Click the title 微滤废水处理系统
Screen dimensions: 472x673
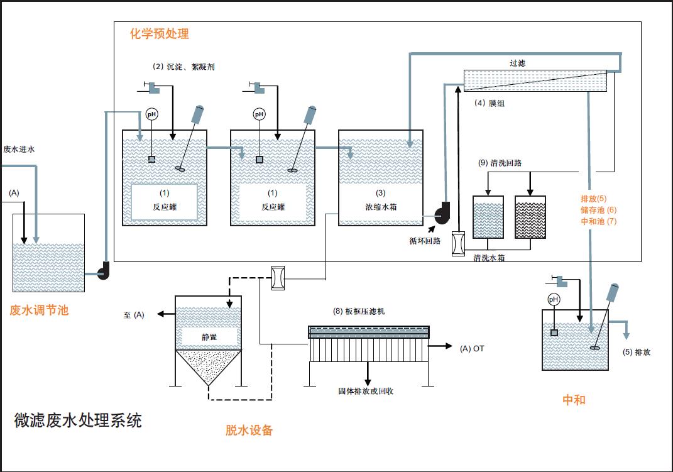coord(78,420)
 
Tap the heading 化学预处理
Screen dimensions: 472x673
coord(159,34)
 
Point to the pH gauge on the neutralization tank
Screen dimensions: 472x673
coord(554,300)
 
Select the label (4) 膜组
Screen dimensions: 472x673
coord(490,103)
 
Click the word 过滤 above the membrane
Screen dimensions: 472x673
coord(517,63)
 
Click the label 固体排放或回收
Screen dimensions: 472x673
coord(366,391)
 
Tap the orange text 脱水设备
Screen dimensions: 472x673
coord(249,431)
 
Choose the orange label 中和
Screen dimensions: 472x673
coord(573,400)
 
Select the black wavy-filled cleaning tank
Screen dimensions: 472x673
coord(530,217)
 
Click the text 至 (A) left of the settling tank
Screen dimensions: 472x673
coord(134,315)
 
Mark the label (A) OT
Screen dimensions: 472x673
coord(473,348)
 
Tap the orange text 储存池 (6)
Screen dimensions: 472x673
coord(599,210)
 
